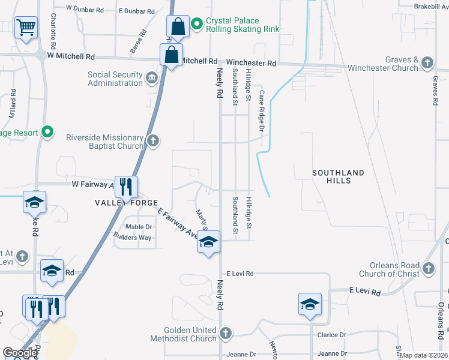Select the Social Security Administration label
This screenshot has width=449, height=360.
tap(115, 78)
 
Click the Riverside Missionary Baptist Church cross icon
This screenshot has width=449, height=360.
tap(153, 141)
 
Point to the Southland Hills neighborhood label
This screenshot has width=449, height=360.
tap(338, 177)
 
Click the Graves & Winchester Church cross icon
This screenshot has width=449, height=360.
tap(427, 62)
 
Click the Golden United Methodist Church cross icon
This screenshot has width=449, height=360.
tap(225, 332)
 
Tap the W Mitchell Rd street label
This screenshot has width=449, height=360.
tap(71, 56)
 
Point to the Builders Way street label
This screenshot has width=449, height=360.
tap(133, 238)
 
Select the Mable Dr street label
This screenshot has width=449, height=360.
tap(139, 227)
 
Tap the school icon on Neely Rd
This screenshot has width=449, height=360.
tap(208, 242)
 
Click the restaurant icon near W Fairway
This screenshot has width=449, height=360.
tap(125, 187)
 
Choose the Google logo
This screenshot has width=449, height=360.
tap(20, 353)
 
